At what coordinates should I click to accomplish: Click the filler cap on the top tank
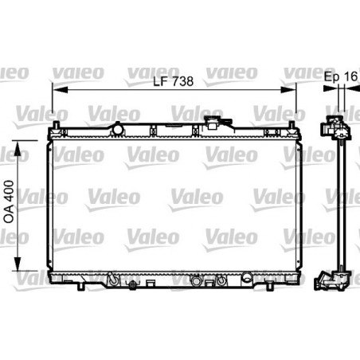coord(214,124)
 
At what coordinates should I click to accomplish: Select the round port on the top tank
coord(118,127)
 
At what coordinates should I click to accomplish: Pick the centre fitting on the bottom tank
coord(197,281)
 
